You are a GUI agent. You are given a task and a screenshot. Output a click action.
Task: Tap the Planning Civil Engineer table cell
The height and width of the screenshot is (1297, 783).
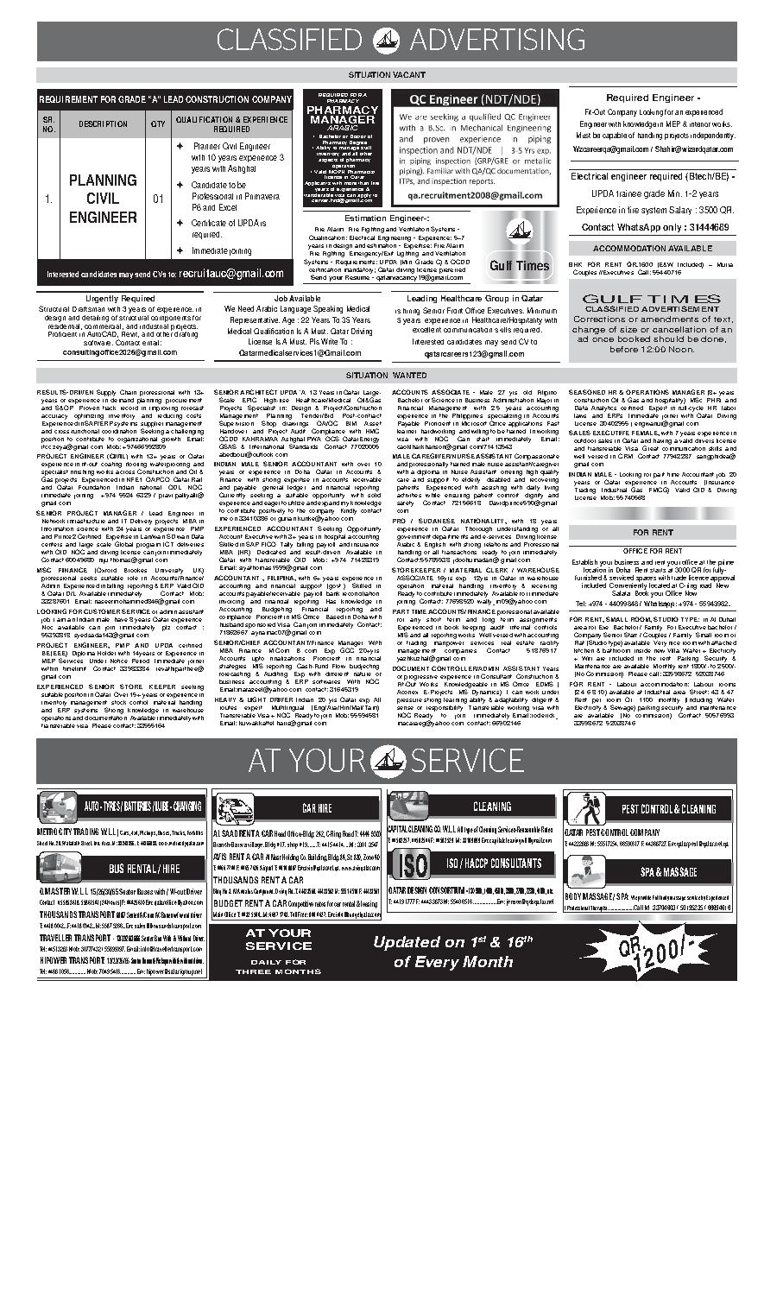[103, 199]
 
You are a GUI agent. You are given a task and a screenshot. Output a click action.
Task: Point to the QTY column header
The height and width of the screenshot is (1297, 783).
[158, 124]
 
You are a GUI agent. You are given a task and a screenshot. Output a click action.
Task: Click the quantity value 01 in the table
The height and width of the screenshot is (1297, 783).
[158, 199]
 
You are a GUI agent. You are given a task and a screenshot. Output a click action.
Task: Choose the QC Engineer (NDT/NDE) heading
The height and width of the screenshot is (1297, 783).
[475, 99]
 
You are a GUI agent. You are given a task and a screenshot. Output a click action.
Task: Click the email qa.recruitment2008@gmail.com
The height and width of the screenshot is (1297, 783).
[475, 195]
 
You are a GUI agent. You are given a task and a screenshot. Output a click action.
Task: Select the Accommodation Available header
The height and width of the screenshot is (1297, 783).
[653, 249]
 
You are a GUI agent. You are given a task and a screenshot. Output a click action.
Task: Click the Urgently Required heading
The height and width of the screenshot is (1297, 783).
[120, 298]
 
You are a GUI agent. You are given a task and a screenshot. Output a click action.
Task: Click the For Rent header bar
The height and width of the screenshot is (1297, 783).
[653, 533]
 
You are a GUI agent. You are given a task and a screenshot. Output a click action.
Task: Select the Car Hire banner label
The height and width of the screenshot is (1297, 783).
[317, 808]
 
